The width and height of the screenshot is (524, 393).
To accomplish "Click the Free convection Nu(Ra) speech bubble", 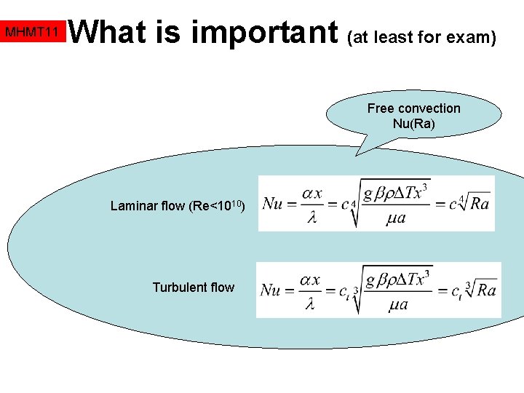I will (413, 116).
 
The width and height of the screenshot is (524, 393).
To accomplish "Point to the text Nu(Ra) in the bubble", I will (413, 124).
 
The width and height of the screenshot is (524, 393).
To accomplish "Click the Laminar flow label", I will (148, 206).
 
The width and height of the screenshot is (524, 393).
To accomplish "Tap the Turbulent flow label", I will (193, 287).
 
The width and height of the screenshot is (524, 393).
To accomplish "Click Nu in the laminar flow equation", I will (272, 203).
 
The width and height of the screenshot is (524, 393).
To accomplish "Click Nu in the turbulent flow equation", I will (270, 290).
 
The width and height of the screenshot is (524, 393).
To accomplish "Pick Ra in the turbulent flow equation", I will (485, 290).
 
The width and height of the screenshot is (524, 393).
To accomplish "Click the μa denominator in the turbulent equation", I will (399, 306).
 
